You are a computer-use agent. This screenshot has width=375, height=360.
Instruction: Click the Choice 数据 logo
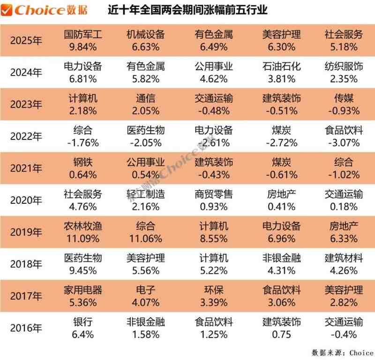[x=40, y=10]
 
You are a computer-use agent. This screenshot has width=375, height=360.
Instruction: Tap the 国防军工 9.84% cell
[x=82, y=40]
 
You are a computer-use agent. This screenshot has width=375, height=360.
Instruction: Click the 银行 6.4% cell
[x=82, y=328]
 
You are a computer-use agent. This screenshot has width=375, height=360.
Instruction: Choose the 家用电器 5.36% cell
[x=82, y=296]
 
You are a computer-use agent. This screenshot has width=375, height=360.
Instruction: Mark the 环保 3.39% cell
[x=214, y=296]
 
